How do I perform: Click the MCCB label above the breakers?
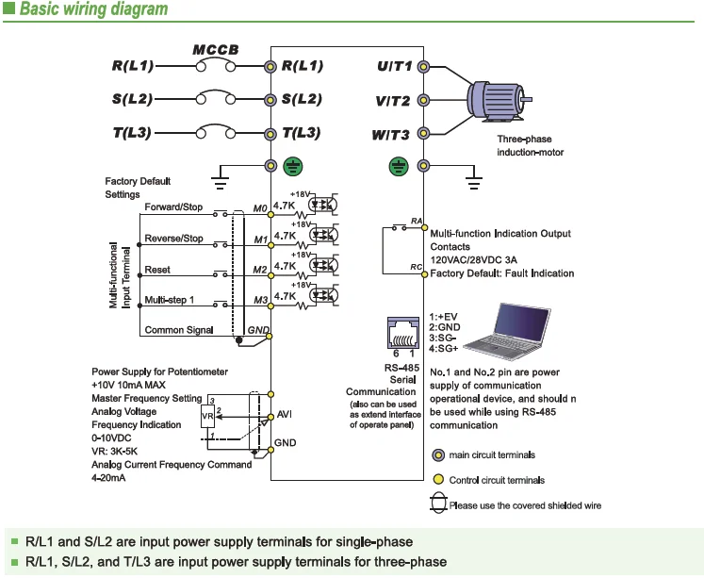(216, 49)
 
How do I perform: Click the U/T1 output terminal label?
(394, 67)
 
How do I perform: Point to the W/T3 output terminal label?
(390, 135)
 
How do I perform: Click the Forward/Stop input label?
(173, 206)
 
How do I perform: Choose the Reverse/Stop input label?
(173, 239)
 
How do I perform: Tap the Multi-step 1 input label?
(170, 299)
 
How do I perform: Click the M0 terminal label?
(260, 207)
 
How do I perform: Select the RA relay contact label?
(416, 221)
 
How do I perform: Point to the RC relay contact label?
(416, 268)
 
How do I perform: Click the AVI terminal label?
(285, 415)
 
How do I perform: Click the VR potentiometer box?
(207, 416)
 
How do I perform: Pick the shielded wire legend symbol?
(438, 504)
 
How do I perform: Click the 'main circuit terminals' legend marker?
(437, 455)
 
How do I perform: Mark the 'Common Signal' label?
(178, 331)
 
